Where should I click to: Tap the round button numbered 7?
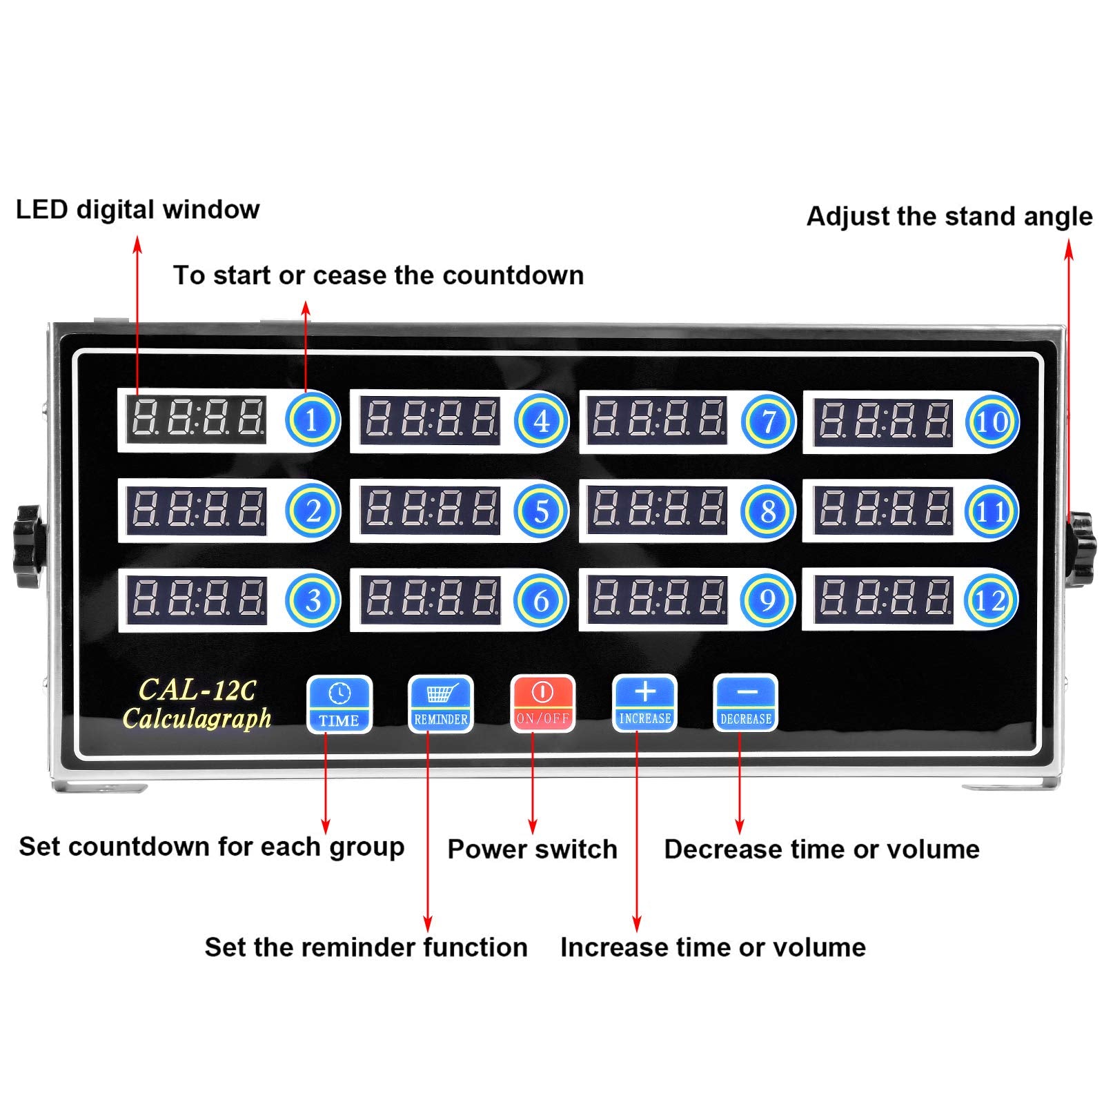point(768,421)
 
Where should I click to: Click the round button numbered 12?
point(991,600)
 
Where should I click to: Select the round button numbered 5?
point(541,511)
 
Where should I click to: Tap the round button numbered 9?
point(767,600)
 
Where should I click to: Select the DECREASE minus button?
point(745,703)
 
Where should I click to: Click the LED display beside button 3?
point(197,599)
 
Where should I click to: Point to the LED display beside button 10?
point(883,421)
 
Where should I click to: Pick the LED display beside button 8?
point(656,511)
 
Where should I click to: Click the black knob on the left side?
point(28,546)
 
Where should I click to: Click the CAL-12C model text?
point(197,689)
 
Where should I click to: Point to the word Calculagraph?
point(197,718)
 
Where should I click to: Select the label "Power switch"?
point(532,849)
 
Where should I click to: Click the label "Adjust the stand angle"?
point(949,216)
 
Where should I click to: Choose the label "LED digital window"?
point(137,209)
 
